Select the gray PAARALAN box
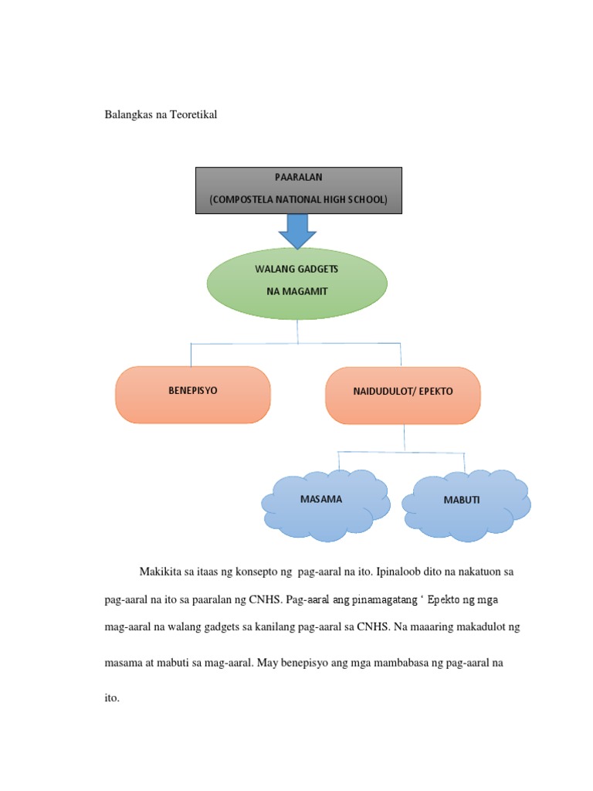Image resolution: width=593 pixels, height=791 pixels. (298, 189)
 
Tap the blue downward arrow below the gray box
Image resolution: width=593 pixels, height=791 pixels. (297, 228)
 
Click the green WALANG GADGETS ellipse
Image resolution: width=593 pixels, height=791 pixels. (297, 283)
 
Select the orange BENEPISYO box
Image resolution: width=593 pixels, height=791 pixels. (193, 395)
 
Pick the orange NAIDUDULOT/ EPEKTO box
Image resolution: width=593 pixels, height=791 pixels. (403, 395)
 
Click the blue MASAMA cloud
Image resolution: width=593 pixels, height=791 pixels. (324, 503)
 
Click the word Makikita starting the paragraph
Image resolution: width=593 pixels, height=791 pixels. (160, 572)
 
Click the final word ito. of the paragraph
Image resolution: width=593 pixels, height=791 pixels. (112, 698)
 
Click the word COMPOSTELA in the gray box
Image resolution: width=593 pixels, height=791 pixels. (247, 200)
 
